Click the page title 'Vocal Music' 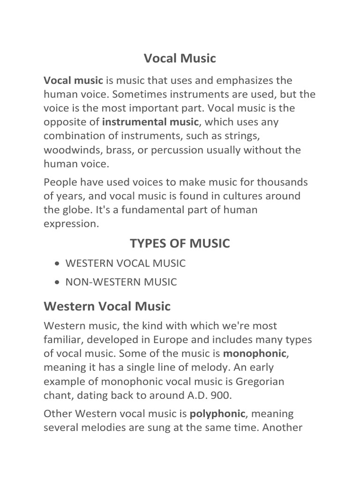click(x=180, y=58)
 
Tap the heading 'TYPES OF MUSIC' click(x=180, y=243)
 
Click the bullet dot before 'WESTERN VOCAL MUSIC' click(x=57, y=264)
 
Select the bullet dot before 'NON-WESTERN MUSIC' click(x=57, y=283)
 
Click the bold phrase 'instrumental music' click(x=150, y=122)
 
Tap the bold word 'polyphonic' click(x=217, y=414)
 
